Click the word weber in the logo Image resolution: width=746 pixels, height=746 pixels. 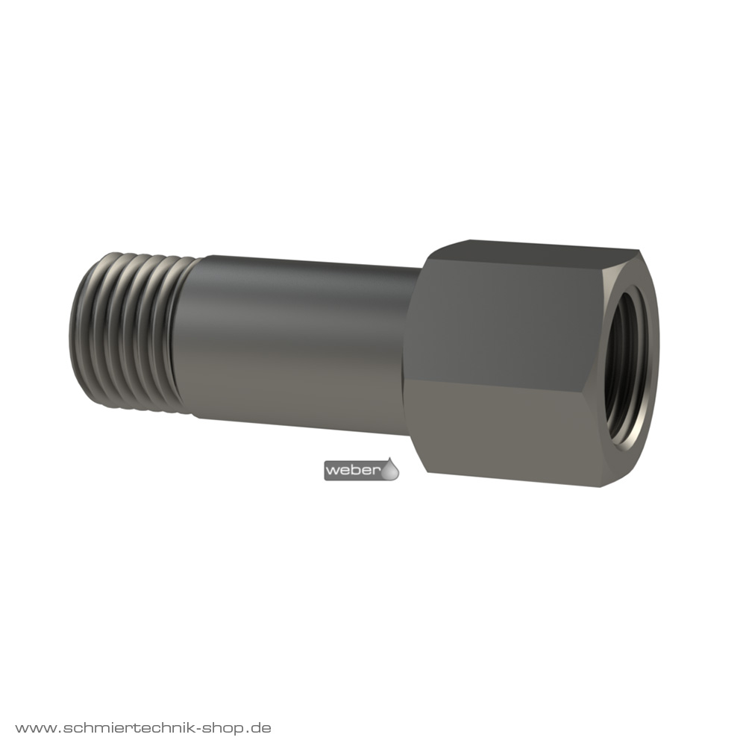coord(354,471)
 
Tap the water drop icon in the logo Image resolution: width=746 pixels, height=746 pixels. coord(391,469)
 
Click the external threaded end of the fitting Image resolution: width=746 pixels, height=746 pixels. coord(134,332)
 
